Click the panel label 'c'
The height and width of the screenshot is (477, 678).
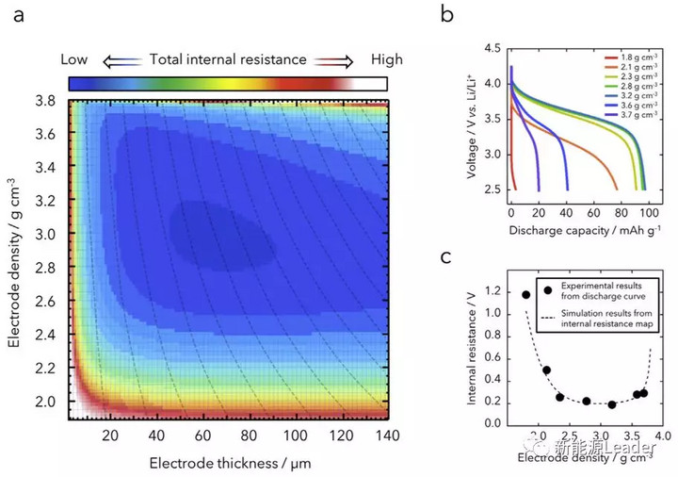tap(447, 257)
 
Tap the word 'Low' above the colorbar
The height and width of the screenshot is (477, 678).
tap(74, 59)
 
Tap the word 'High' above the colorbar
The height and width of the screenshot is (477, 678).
tap(386, 59)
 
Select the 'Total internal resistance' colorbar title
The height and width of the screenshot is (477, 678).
tap(228, 59)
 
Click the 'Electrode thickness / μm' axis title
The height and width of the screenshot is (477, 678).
tap(228, 462)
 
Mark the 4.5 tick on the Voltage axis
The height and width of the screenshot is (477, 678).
tap(492, 48)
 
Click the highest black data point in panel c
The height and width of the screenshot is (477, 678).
tap(526, 294)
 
